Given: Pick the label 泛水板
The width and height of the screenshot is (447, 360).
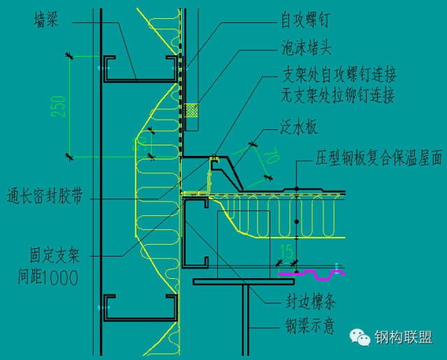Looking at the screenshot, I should point(300,128).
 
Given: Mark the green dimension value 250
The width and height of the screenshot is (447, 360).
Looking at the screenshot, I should point(61,105).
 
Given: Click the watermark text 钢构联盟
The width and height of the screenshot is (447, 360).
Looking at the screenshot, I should point(404,338).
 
